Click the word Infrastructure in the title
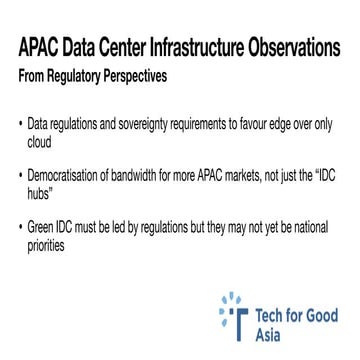click(197, 49)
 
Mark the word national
click(305, 227)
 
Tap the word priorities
click(45, 243)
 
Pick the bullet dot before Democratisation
click(20, 175)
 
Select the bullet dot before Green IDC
click(20, 227)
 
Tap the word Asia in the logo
click(268, 334)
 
